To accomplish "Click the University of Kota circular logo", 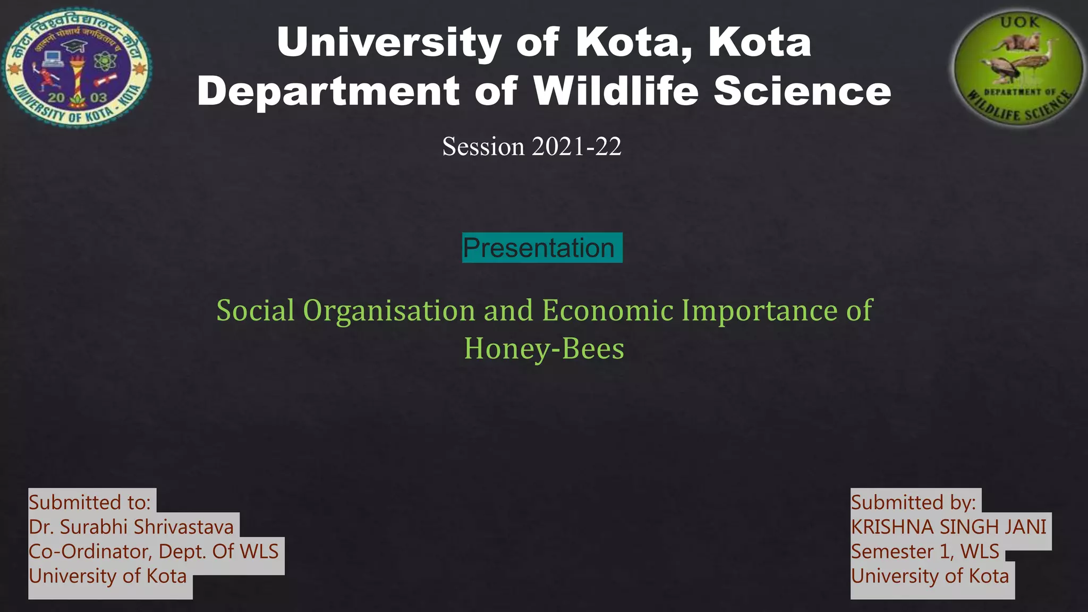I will pos(77,67).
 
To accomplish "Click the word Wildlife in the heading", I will pos(616,91).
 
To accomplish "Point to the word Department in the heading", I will pos(328,91).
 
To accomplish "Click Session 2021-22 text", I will pos(532,147).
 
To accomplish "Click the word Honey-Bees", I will pos(544,348).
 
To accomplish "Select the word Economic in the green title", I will pos(608,310).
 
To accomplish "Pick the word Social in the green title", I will pos(255,310).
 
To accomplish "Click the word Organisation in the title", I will pos(389,310).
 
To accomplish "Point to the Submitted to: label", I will pos(90,502).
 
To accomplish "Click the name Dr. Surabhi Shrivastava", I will pos(131,526).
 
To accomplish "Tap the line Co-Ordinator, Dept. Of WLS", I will pos(154,551).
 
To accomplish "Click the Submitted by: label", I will pos(913,502).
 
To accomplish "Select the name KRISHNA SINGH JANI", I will pos(948,526).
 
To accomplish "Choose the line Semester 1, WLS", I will pos(925,551).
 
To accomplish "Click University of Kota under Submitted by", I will pos(930,576).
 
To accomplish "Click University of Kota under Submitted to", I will pos(108,576).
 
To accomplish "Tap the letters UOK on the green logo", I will pos(1019,22).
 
